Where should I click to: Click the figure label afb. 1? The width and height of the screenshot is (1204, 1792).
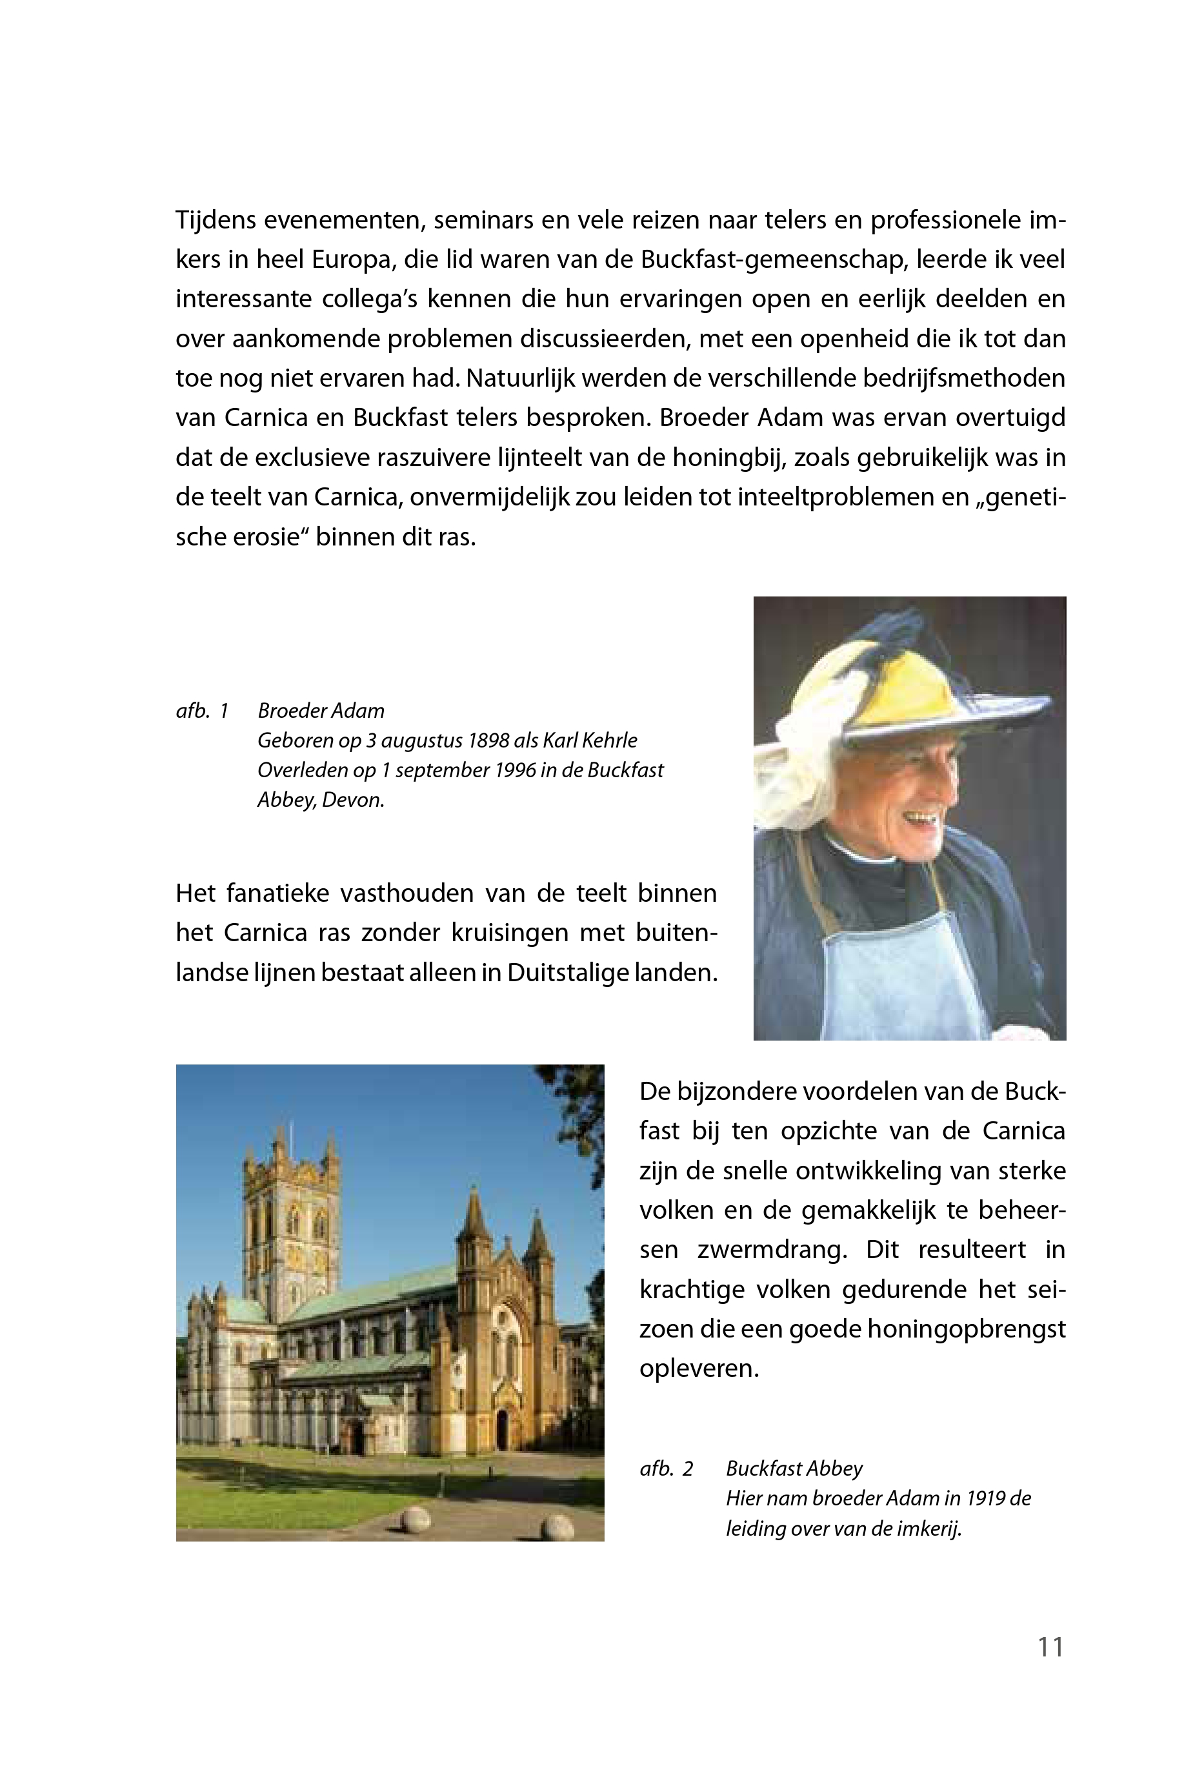click(x=202, y=711)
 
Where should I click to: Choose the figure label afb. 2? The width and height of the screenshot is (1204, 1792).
click(x=666, y=1468)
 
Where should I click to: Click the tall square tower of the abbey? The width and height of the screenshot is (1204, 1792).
click(x=292, y=1214)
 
